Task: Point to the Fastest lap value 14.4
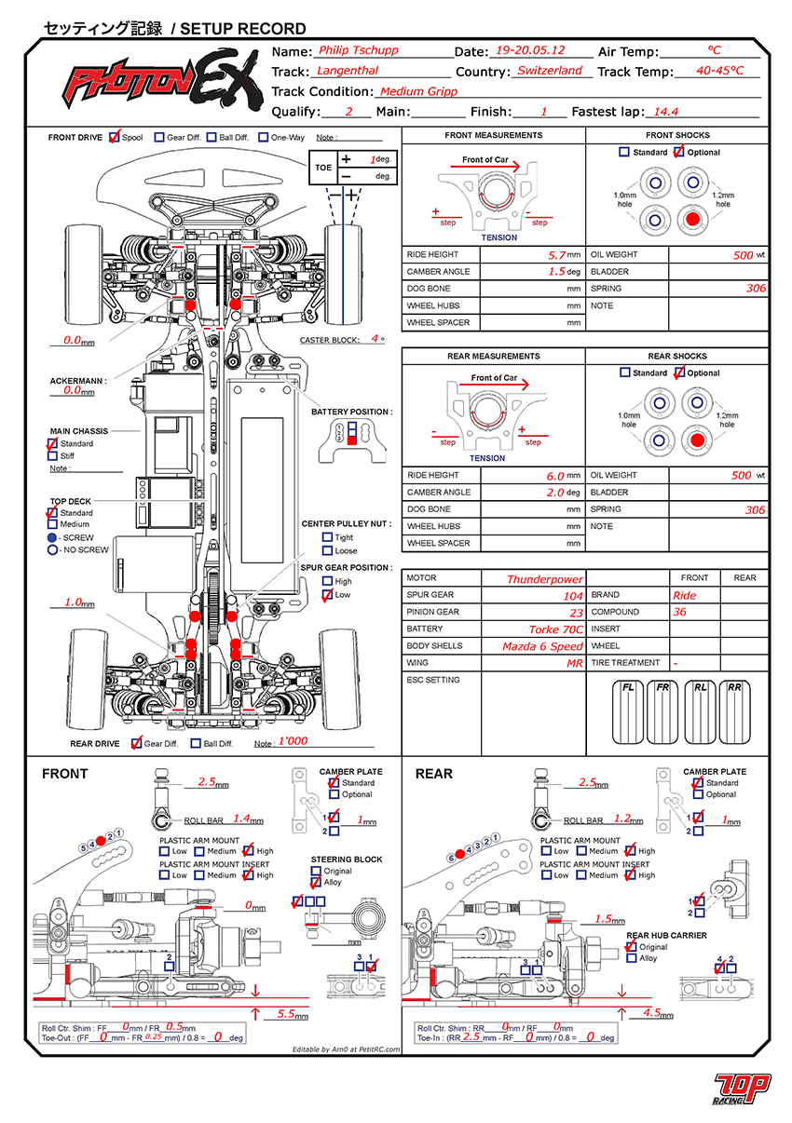coord(665,111)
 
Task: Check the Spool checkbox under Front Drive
coord(115,137)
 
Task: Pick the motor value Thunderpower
coord(545,579)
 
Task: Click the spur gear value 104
coord(573,596)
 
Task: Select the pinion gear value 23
coord(576,613)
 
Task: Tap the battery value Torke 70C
coord(556,629)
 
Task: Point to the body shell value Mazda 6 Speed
coord(542,646)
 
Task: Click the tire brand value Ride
coord(684,595)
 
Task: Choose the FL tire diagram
coord(630,713)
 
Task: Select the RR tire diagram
coord(736,713)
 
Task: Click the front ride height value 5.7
coord(555,254)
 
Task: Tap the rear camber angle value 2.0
coord(555,493)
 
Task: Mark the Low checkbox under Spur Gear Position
coord(327,594)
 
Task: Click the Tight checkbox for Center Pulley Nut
coord(327,537)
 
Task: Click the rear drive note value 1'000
coord(294,741)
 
